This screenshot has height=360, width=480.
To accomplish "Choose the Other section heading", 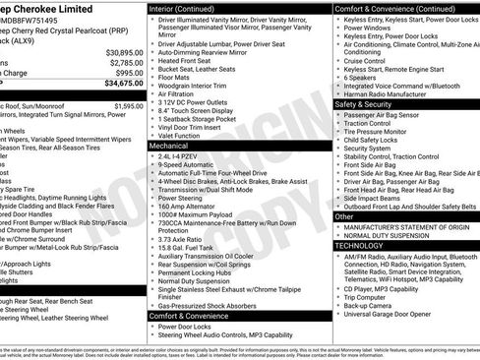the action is click(344, 215).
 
